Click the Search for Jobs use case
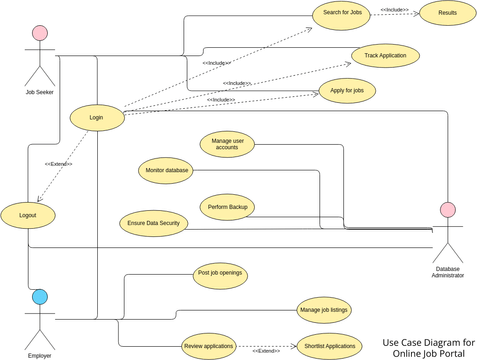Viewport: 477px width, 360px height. pyautogui.click(x=343, y=14)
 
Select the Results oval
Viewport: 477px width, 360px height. pyautogui.click(x=448, y=14)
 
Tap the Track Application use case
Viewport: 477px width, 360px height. pyautogui.click(x=385, y=55)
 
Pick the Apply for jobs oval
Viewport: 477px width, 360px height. pyautogui.click(x=347, y=92)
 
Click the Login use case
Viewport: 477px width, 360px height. pyautogui.click(x=97, y=117)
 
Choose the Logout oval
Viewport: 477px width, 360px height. pyautogui.click(x=27, y=213)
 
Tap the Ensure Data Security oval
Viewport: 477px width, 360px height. pyautogui.click(x=153, y=223)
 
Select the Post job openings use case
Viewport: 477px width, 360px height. pyautogui.click(x=220, y=273)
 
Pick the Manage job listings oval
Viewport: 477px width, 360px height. pyautogui.click(x=325, y=310)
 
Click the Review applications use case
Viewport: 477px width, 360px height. pyautogui.click(x=208, y=346)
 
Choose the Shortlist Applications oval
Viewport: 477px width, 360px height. pyautogui.click(x=327, y=346)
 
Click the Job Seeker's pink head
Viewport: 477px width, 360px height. pyautogui.click(x=40, y=33)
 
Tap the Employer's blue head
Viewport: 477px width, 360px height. pyautogui.click(x=39, y=296)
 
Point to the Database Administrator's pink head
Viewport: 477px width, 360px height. pyautogui.click(x=448, y=210)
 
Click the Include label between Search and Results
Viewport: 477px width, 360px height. pyautogui.click(x=394, y=9)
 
